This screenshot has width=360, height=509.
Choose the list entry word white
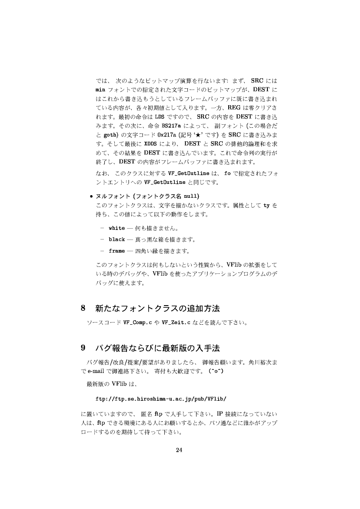pos(117,228)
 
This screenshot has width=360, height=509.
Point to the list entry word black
pos(117,240)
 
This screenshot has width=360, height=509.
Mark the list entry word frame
pos(117,251)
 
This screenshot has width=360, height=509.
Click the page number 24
pos(179,450)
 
